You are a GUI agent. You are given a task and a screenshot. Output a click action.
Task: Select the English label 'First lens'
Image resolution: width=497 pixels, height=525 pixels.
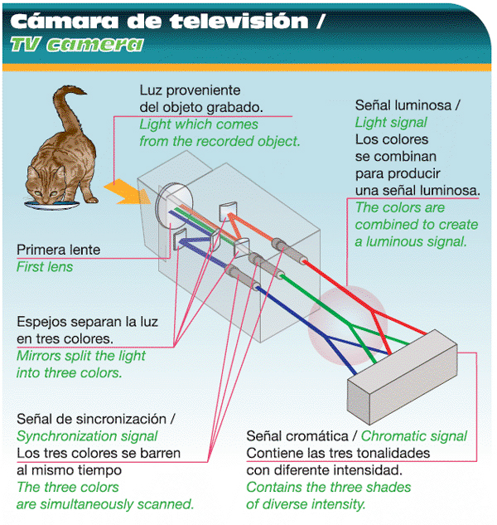(x=45, y=267)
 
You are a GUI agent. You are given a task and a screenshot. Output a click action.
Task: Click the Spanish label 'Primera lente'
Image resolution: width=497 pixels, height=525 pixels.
(x=58, y=250)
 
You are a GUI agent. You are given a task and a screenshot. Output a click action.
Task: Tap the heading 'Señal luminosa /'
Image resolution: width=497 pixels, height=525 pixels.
(x=407, y=107)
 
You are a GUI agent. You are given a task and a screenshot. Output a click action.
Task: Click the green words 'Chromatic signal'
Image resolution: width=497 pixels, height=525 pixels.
(x=414, y=436)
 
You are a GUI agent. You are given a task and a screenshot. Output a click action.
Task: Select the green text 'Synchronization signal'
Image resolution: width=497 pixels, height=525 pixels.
(x=88, y=436)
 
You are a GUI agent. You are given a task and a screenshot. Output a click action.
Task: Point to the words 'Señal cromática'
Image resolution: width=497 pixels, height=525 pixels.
(x=296, y=436)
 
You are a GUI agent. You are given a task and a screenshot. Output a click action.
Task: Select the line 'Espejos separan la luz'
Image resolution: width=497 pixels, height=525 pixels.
(x=87, y=322)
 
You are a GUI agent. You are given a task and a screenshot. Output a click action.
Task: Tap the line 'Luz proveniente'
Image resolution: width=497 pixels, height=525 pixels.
(x=190, y=90)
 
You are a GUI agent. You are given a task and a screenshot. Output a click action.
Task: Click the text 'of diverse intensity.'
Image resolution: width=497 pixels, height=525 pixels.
(x=306, y=503)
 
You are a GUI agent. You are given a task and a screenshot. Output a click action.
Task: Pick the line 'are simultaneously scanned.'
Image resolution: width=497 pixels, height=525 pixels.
(x=105, y=503)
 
